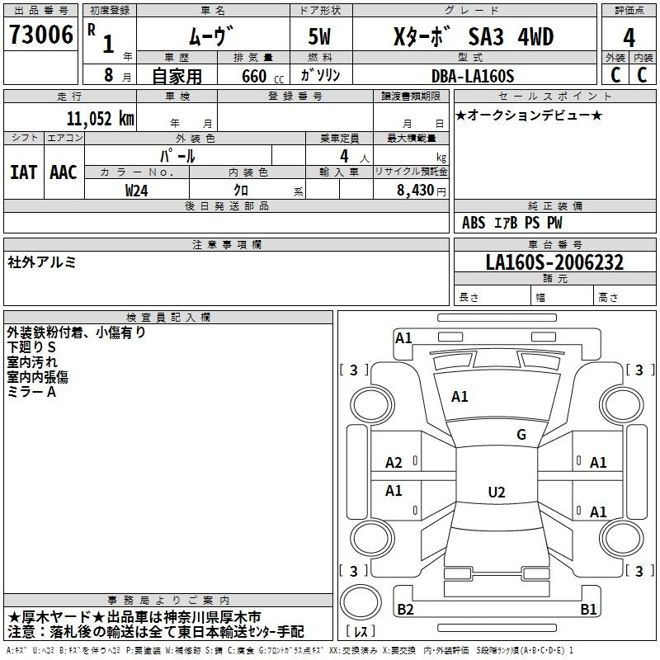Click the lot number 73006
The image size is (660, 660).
(x=40, y=35)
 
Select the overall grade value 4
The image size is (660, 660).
(x=629, y=37)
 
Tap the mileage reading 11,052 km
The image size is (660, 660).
(x=100, y=119)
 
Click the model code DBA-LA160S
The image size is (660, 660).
(x=473, y=76)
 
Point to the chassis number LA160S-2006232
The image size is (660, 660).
(x=554, y=262)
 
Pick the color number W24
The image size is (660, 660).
(x=136, y=191)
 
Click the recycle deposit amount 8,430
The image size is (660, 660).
(x=415, y=191)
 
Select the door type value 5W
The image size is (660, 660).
(x=319, y=36)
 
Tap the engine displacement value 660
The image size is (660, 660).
(x=254, y=76)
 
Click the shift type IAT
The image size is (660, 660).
(x=23, y=172)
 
